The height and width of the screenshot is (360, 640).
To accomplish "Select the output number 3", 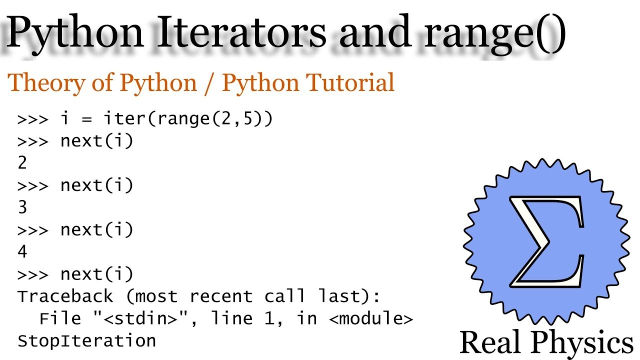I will tap(22, 207).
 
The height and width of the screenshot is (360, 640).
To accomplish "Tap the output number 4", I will tap(22, 251).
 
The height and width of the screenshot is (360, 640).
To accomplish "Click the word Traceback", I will tap(65, 296).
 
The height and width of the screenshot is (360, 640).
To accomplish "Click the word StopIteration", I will tap(87, 340).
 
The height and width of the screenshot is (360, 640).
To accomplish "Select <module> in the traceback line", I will tap(371, 318).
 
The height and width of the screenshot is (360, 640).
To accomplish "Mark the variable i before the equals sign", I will tap(65, 119).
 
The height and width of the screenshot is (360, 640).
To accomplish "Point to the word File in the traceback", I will tap(60, 318).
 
